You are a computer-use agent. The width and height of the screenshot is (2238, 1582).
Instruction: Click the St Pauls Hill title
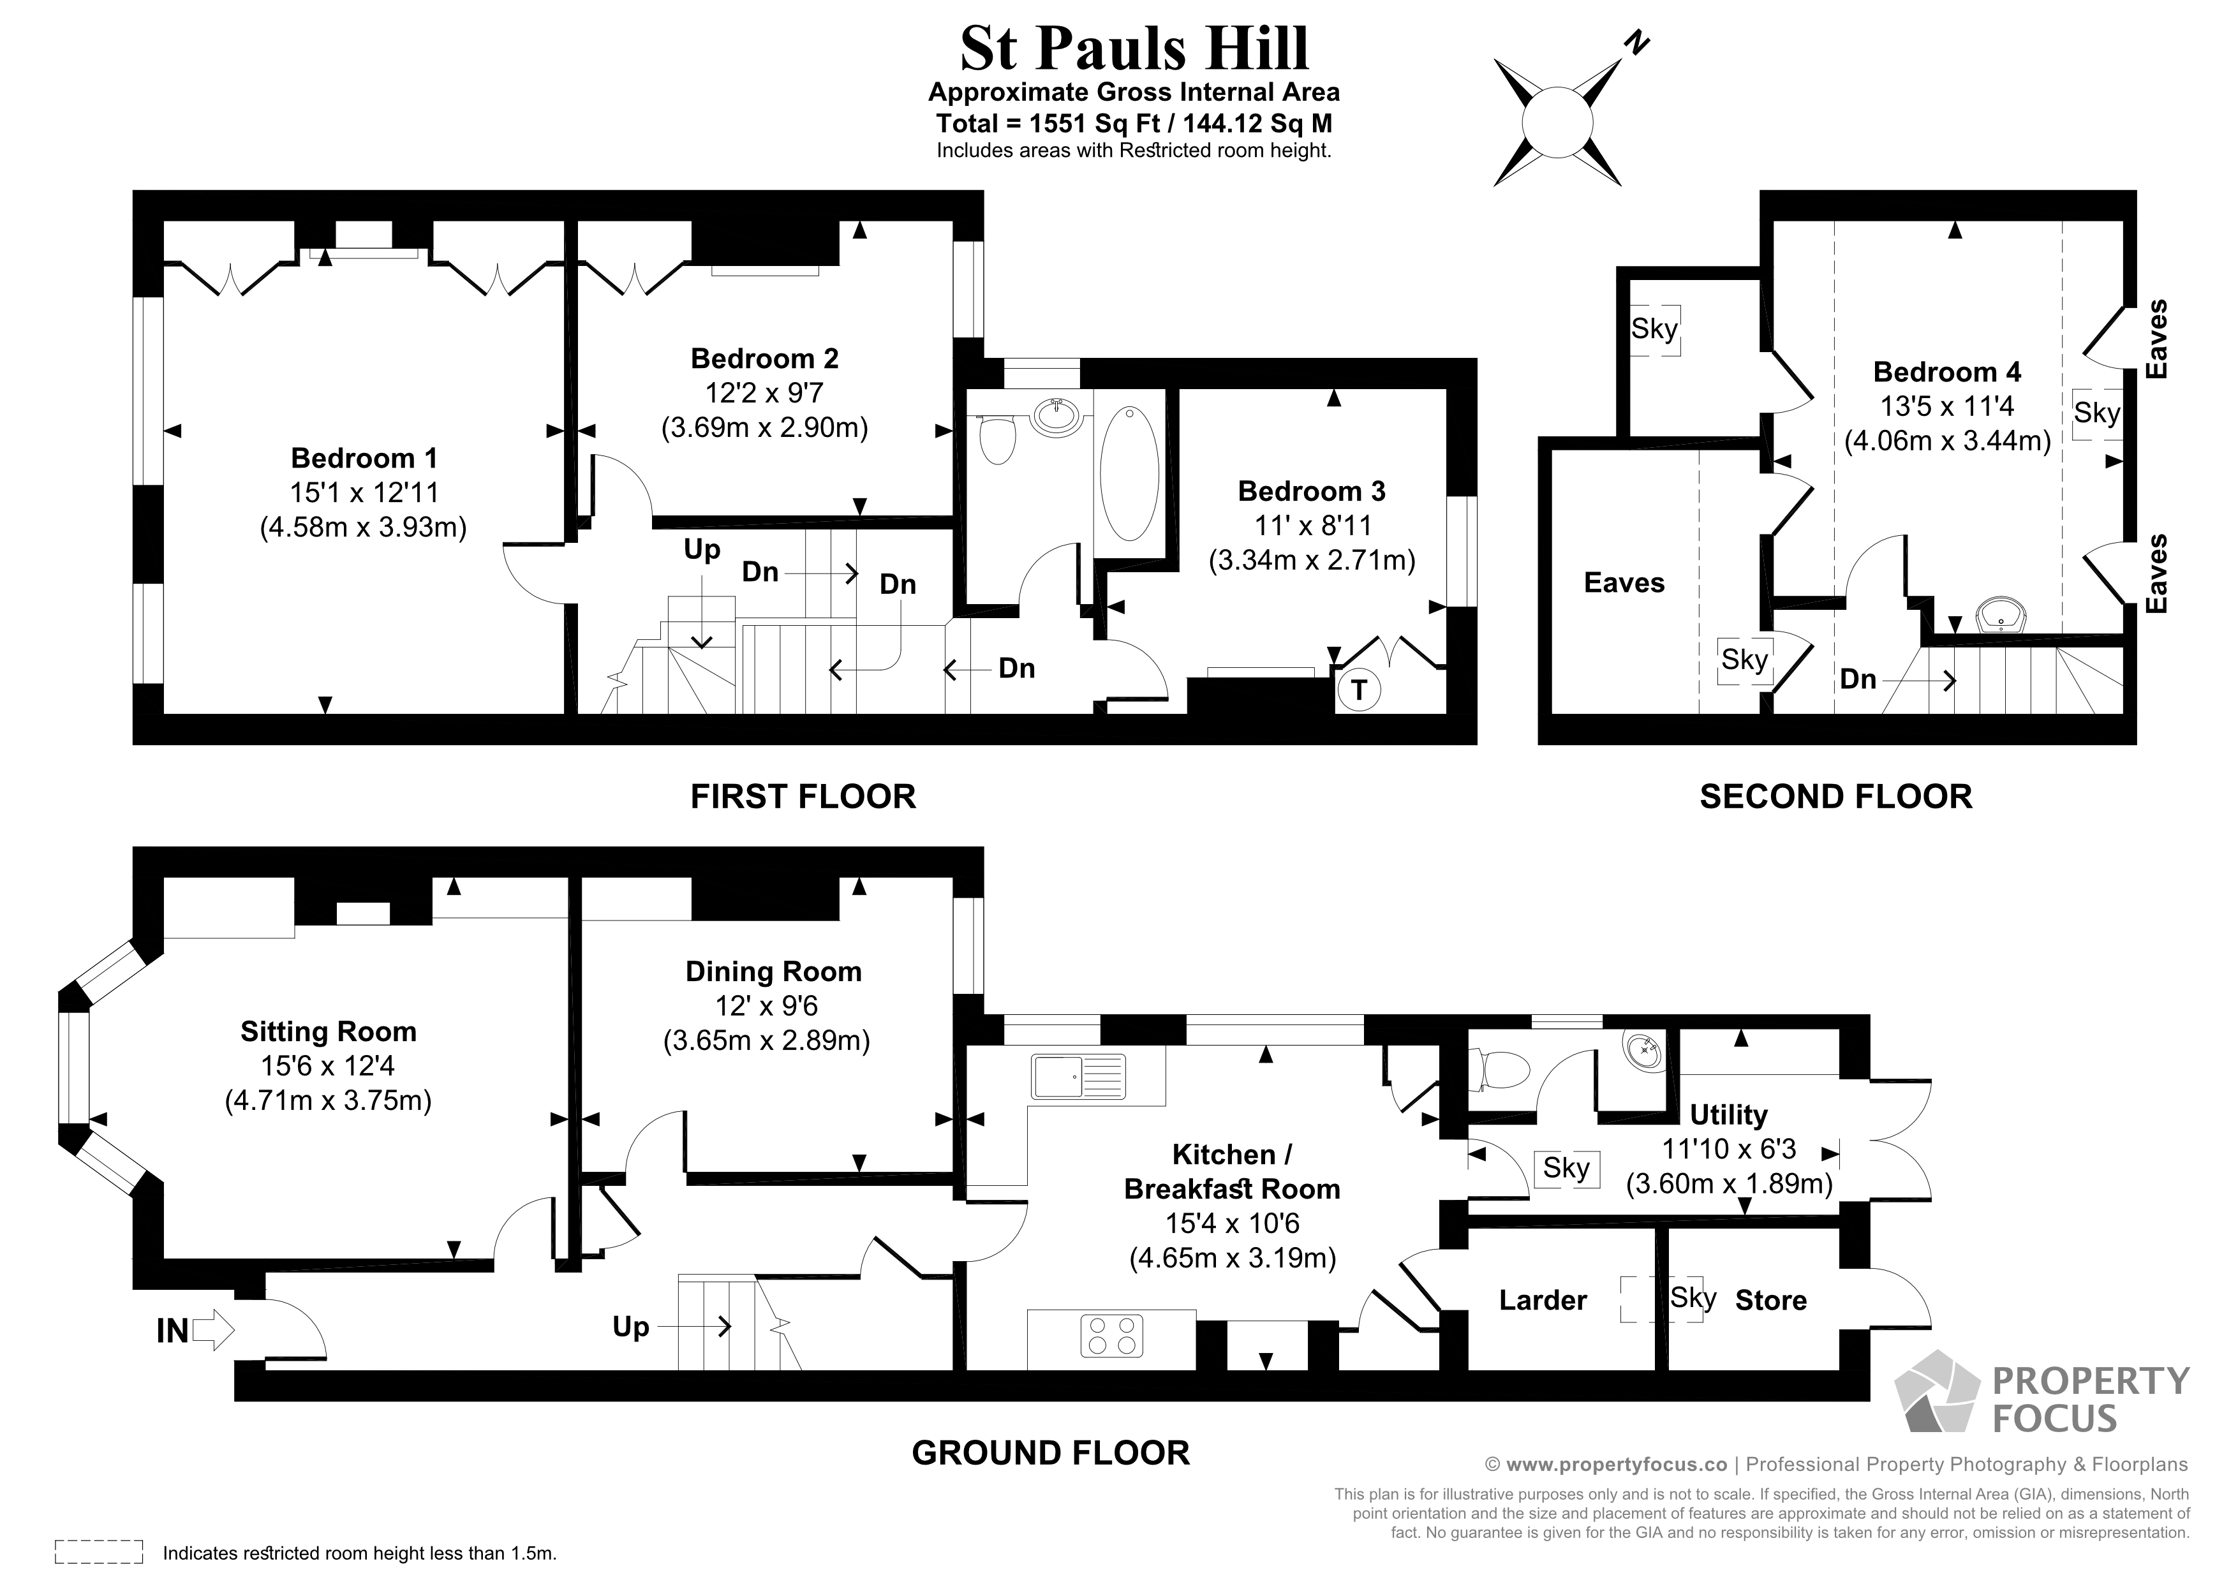pyautogui.click(x=1134, y=48)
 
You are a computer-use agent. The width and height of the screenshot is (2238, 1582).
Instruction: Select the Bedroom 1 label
pyautogui.click(x=364, y=458)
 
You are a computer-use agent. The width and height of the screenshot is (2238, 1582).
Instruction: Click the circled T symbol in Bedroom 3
pyautogui.click(x=1359, y=690)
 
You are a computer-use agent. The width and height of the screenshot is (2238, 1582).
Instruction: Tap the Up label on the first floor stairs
pyautogui.click(x=702, y=550)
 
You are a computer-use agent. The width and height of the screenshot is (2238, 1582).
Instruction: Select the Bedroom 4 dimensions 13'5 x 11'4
pyautogui.click(x=1946, y=406)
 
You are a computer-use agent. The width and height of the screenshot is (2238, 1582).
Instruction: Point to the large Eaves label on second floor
pyautogui.click(x=1624, y=583)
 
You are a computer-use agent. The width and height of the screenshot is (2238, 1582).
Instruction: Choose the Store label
pyautogui.click(x=1771, y=1300)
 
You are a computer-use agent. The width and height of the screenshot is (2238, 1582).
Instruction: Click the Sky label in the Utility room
pyautogui.click(x=1566, y=1168)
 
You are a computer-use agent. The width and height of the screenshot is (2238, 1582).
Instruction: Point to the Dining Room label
pyautogui.click(x=773, y=972)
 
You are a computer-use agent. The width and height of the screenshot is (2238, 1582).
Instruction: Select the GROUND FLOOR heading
pyautogui.click(x=1050, y=1453)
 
